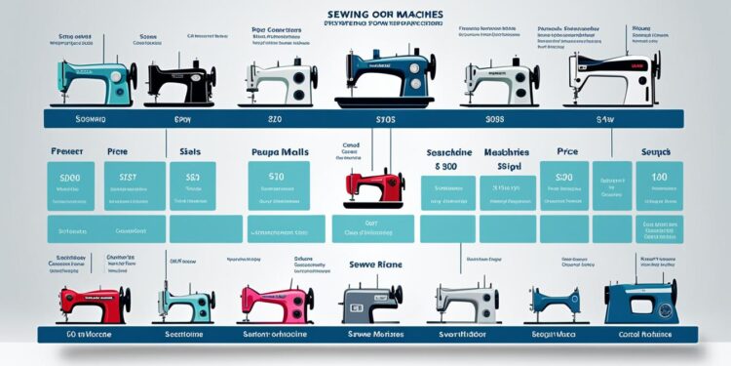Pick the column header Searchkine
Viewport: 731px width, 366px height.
coord(451,153)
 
